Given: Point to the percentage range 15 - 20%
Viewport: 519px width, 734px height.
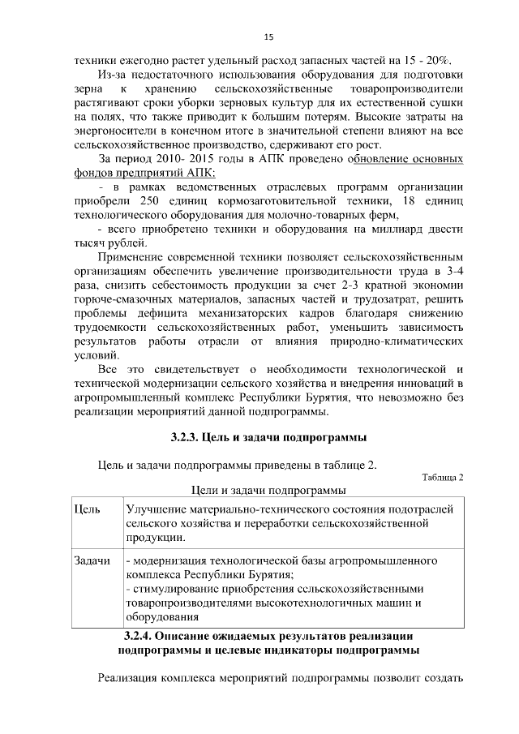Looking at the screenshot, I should (430, 61).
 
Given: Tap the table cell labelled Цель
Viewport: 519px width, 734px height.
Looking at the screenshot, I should (88, 509).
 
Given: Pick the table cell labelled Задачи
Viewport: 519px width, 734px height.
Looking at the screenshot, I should (92, 561).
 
